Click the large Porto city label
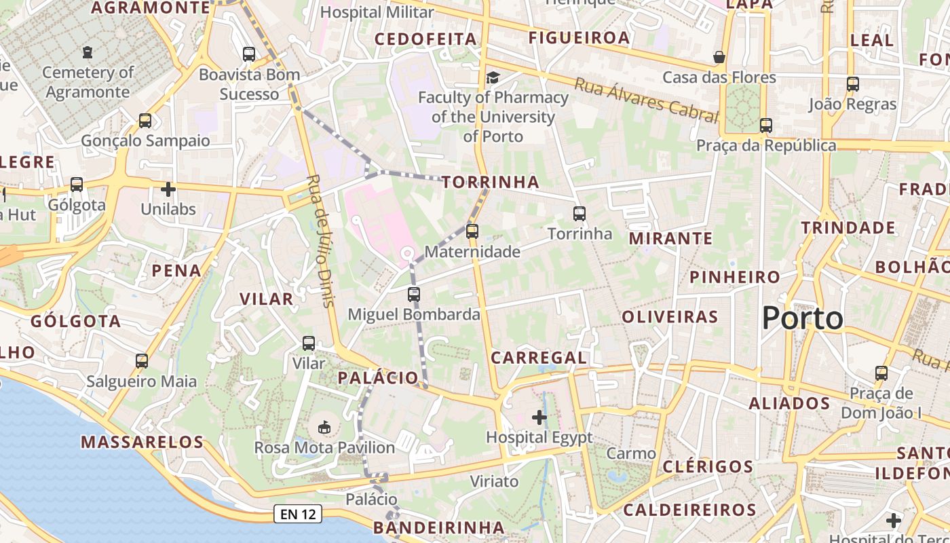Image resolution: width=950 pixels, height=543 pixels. pos(803,318)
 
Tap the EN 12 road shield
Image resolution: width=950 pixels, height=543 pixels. pos(298,514)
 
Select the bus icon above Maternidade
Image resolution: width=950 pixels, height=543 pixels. pos(472,231)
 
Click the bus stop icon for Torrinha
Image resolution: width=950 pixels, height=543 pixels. pos(579,214)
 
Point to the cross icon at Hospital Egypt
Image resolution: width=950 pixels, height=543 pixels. pos(539,417)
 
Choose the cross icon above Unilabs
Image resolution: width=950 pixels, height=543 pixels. pos(168,189)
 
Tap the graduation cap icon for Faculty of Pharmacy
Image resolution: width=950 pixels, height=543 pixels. pos(493,77)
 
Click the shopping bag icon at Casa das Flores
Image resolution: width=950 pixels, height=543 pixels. pos(719,57)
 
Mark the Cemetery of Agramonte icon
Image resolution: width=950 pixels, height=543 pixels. pos(87,52)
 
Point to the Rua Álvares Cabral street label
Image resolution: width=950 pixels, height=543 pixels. pos(646,100)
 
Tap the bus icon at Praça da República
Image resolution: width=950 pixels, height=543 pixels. pos(766,126)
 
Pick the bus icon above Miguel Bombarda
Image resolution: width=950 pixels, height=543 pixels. pos(414,295)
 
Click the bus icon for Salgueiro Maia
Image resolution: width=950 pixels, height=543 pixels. pos(142,361)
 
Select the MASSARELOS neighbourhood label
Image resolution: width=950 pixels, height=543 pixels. pos(142,442)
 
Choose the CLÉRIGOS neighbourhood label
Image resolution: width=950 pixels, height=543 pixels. pos(708,466)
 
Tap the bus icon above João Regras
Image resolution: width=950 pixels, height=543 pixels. pos(853,84)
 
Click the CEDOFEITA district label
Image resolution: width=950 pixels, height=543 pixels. pos(425,39)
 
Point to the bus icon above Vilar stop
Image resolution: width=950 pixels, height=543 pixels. pos(309,343)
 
